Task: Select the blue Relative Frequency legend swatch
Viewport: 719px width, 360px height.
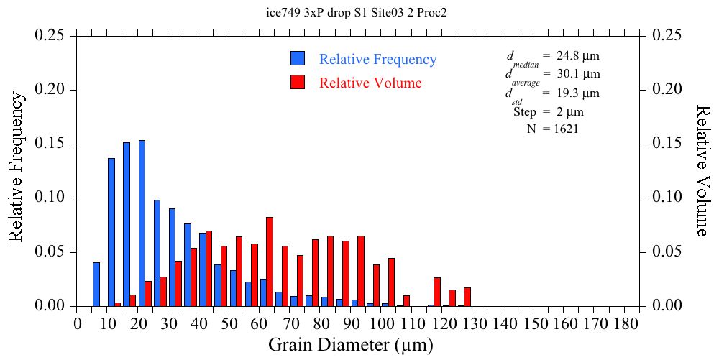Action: click(x=298, y=59)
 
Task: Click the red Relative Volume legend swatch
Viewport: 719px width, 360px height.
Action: click(x=298, y=82)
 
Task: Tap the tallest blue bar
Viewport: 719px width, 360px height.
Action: click(x=142, y=223)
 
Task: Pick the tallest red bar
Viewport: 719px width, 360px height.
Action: click(x=270, y=262)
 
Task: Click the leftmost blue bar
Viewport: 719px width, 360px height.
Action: click(x=96, y=285)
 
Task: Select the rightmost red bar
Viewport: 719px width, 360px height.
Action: click(x=467, y=297)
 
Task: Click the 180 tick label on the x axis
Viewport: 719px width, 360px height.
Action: click(x=626, y=324)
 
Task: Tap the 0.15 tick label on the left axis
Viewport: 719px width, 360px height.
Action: click(x=51, y=144)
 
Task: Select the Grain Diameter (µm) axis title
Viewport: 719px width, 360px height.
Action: click(x=351, y=345)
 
